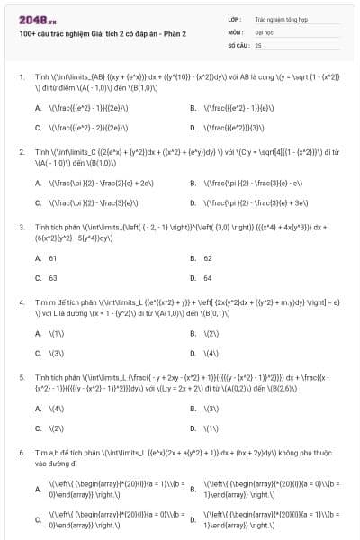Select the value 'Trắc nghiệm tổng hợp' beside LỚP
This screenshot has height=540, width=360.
pos(274,18)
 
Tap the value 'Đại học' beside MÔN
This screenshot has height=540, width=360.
pos(263,31)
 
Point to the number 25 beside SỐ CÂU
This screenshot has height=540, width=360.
pos(258,44)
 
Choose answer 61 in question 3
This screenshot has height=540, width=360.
pos(53,257)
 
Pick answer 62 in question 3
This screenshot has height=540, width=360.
pos(208,257)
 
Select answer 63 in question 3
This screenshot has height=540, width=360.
pos(53,278)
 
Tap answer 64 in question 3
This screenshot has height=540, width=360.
pos(208,278)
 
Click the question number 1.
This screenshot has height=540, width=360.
pos(21,77)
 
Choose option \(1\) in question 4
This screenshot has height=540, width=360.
pos(56,333)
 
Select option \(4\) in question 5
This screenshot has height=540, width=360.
pos(56,409)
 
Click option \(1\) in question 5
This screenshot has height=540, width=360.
pos(211,428)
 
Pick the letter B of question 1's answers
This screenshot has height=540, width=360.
pos(193,108)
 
